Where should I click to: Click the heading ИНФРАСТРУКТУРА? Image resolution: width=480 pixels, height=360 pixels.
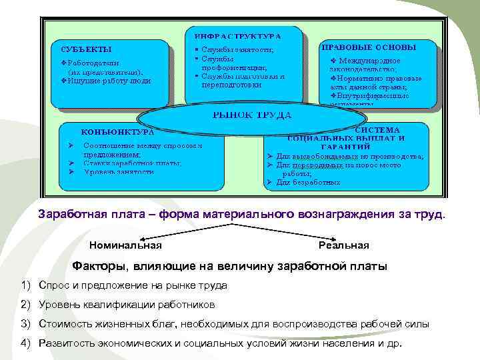[x=237, y=35]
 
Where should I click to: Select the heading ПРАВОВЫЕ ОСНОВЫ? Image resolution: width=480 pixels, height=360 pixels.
[x=369, y=48]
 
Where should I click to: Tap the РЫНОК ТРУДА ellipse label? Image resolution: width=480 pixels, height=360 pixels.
[x=251, y=115]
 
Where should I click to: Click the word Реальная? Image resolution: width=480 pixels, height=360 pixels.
[x=343, y=245]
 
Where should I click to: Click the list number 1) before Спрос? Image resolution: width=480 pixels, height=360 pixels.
[x=26, y=285]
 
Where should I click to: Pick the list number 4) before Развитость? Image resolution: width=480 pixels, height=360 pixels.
[x=26, y=343]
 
